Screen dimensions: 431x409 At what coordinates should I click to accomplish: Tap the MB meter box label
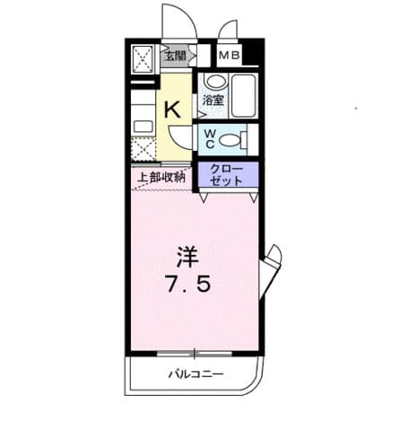coord(229,54)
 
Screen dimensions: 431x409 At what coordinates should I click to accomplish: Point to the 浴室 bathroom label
coord(213,101)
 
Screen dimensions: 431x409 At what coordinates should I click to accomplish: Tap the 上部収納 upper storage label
coord(161,177)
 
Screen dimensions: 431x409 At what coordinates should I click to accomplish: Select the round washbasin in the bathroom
coord(212,82)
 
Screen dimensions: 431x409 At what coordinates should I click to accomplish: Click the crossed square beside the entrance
coord(144,59)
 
